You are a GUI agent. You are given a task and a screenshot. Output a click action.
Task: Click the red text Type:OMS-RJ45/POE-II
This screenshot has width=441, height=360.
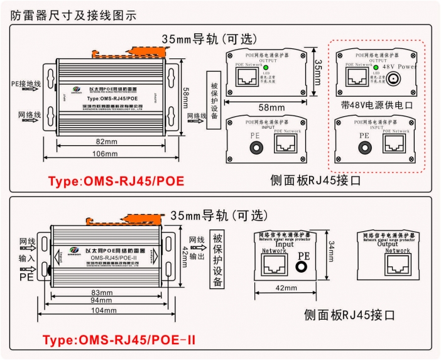click(119, 340)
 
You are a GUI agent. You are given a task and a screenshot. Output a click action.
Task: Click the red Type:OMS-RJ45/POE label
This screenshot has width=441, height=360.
click(116, 181)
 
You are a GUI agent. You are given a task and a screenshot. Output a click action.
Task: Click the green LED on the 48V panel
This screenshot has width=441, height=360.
click(375, 67)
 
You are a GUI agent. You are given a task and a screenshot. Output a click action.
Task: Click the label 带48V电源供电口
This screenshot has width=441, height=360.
click(377, 106)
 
